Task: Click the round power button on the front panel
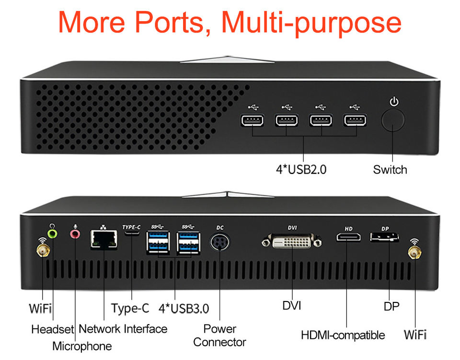tap(392, 120)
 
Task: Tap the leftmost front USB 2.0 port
tap(252, 120)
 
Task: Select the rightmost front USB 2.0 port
tap(355, 120)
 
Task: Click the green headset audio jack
tap(54, 233)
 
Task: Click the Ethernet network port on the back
tap(103, 239)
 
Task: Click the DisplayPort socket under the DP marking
tap(384, 237)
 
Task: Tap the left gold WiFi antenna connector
tap(43, 250)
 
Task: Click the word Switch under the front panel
tap(390, 170)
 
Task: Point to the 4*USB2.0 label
tap(301, 170)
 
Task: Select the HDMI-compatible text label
tap(343, 335)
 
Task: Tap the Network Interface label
tap(123, 329)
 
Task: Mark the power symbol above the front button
tap(394, 102)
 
